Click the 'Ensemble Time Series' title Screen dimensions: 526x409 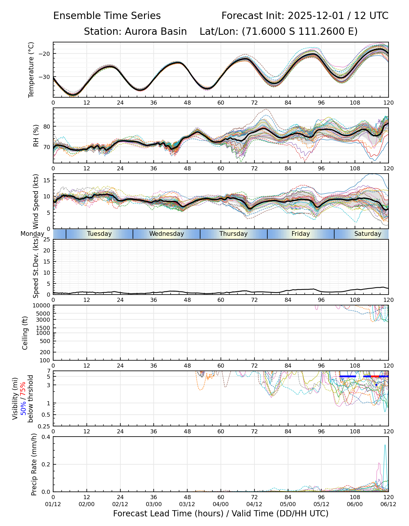(107, 16)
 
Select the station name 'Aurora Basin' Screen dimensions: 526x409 (156, 32)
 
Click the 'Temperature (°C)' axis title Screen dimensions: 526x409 (31, 70)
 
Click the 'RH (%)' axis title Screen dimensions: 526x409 (36, 135)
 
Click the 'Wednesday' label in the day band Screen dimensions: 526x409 (167, 234)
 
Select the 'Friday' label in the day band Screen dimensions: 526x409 (301, 234)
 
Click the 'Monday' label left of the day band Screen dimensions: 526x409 (32, 234)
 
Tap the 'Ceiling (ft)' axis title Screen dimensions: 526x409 (25, 333)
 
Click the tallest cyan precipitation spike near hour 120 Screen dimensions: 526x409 (385, 446)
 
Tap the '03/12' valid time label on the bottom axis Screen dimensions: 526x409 (187, 504)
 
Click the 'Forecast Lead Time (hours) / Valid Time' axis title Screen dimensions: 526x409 (221, 514)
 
